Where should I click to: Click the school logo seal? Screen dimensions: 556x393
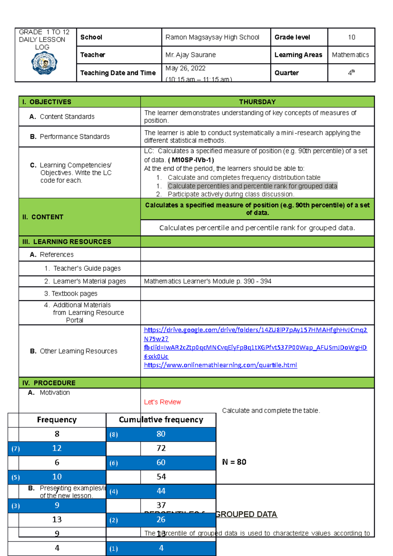pos(44,63)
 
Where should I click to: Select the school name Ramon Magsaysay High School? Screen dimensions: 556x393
pos(212,37)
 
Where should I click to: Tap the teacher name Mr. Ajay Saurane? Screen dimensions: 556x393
pos(191,55)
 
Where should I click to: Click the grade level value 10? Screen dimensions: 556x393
pos(351,37)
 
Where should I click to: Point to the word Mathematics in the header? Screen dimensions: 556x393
pos(350,55)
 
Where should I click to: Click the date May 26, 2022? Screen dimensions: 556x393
pos(185,68)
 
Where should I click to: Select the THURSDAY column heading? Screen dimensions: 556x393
pos(257,102)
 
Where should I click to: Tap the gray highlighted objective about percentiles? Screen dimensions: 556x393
pos(252,186)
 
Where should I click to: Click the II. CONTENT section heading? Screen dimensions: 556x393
pos(43,217)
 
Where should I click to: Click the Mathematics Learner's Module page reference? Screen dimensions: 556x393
pos(208,281)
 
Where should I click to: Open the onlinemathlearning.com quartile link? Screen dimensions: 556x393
pos(220,365)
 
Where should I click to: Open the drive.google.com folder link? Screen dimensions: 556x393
pos(255,330)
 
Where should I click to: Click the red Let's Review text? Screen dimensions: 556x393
pos(162,402)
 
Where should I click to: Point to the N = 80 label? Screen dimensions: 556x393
pos(234,462)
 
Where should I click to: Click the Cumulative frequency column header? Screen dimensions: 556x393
pos(161,420)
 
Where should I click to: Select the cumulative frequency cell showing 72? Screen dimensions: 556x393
pos(161,448)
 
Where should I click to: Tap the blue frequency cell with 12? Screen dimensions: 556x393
pos(57,448)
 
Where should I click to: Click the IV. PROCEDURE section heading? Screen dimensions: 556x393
pos(49,383)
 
